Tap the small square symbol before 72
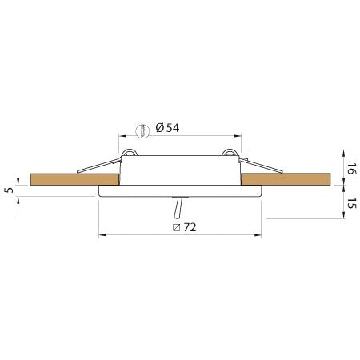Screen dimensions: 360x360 point(175,227)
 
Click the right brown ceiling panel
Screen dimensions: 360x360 point(288,180)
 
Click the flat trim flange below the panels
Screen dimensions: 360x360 point(179,192)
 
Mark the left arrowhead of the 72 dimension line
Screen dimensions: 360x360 point(101,236)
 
